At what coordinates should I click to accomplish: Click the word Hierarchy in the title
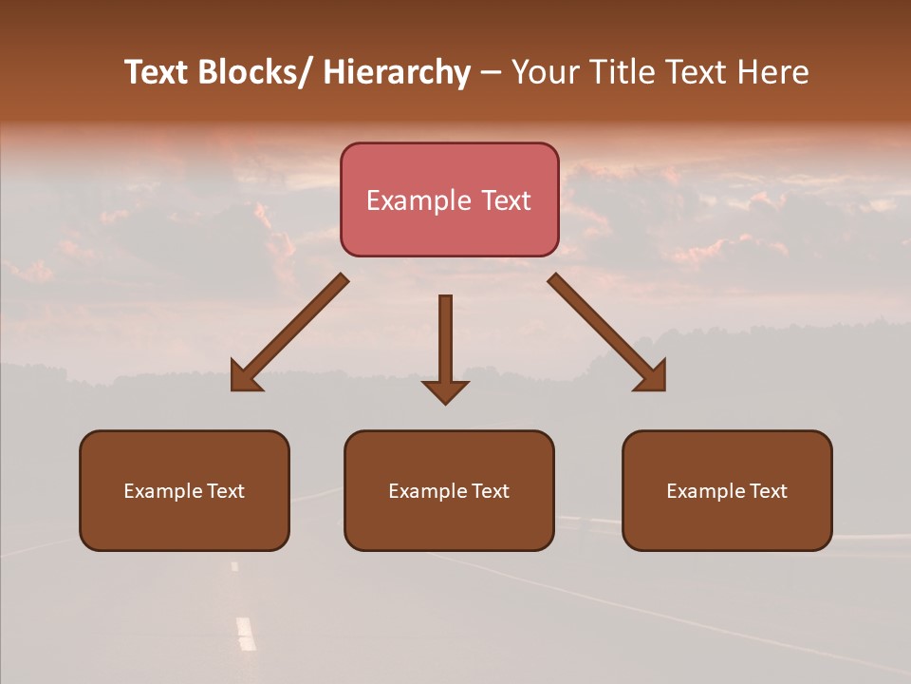(x=397, y=72)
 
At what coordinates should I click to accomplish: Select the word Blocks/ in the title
(x=255, y=72)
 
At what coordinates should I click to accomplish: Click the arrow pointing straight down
(x=445, y=342)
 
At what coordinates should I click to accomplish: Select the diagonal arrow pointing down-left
(x=289, y=332)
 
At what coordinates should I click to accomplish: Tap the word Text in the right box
(x=768, y=491)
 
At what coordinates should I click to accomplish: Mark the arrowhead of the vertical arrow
(x=445, y=390)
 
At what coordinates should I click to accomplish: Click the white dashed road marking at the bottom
(x=246, y=633)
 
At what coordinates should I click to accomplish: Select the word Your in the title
(x=544, y=72)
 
